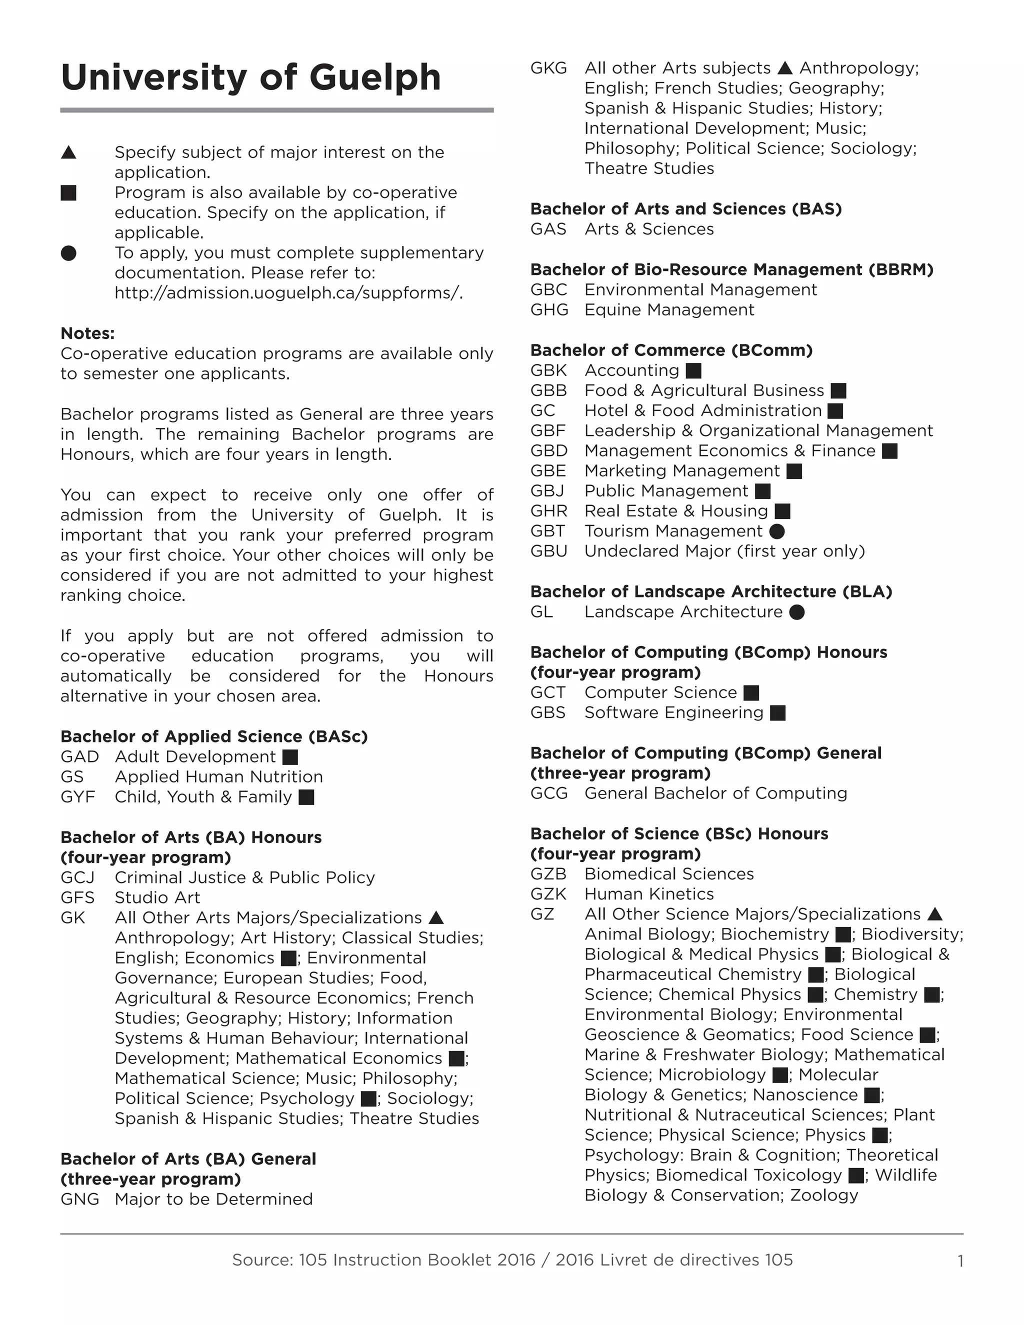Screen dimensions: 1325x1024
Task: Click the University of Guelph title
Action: click(250, 77)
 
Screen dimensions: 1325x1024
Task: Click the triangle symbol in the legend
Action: click(68, 152)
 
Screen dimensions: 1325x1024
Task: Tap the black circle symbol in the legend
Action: click(68, 253)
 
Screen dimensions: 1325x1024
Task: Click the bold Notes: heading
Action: click(87, 333)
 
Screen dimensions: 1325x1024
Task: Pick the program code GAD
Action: click(79, 756)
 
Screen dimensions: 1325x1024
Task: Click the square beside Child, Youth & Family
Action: click(306, 797)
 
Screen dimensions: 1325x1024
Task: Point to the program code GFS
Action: click(77, 897)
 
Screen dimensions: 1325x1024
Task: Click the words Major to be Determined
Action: click(213, 1199)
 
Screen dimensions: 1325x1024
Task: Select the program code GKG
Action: click(548, 68)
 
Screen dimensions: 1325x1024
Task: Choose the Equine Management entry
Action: click(668, 310)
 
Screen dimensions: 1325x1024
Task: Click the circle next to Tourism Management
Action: click(776, 531)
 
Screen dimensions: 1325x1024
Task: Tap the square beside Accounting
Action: click(693, 370)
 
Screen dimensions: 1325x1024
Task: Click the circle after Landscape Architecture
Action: click(796, 612)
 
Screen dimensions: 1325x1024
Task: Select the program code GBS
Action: click(548, 713)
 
